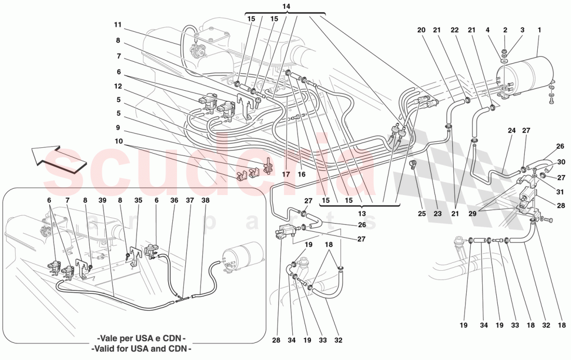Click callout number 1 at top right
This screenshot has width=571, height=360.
539,30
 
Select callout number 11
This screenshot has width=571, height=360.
118,24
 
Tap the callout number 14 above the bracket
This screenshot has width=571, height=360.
285,6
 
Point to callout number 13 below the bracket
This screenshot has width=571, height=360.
361,214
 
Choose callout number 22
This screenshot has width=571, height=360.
454,30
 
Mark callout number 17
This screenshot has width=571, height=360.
285,175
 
